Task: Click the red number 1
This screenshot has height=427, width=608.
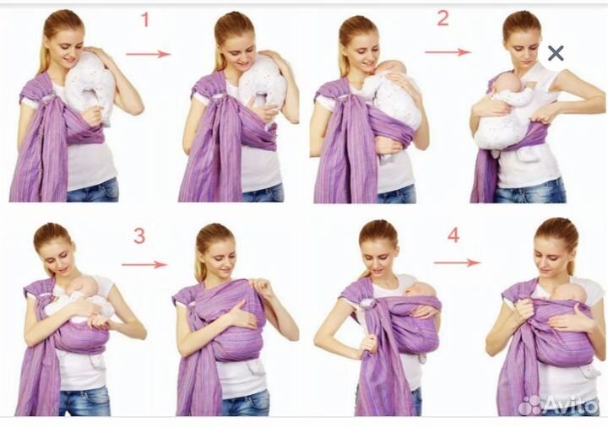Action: tap(145, 19)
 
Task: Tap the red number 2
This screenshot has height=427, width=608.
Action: tap(442, 19)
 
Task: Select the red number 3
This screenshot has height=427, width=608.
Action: tap(139, 235)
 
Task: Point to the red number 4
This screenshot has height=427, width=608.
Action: tap(453, 235)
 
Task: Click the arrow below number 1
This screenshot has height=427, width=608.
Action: tap(148, 54)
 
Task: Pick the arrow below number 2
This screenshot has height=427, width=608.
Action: tap(448, 52)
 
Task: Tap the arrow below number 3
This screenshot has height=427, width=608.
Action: tap(144, 265)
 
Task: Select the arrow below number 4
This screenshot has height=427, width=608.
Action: tap(457, 262)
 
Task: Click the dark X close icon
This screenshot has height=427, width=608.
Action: tap(556, 53)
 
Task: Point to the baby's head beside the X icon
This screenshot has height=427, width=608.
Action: tap(503, 84)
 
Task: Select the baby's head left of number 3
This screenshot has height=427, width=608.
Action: tap(85, 286)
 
